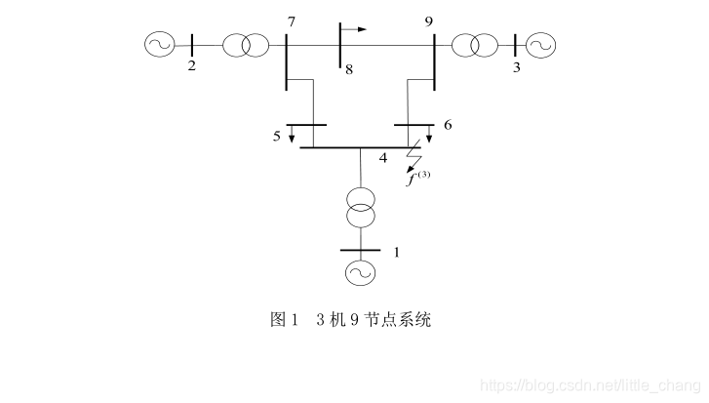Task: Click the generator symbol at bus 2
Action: point(158,44)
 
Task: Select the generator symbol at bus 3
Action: point(539,45)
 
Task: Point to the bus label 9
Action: point(429,20)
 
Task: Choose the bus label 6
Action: point(447,125)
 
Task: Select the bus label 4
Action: point(382,158)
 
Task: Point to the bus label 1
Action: point(396,252)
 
